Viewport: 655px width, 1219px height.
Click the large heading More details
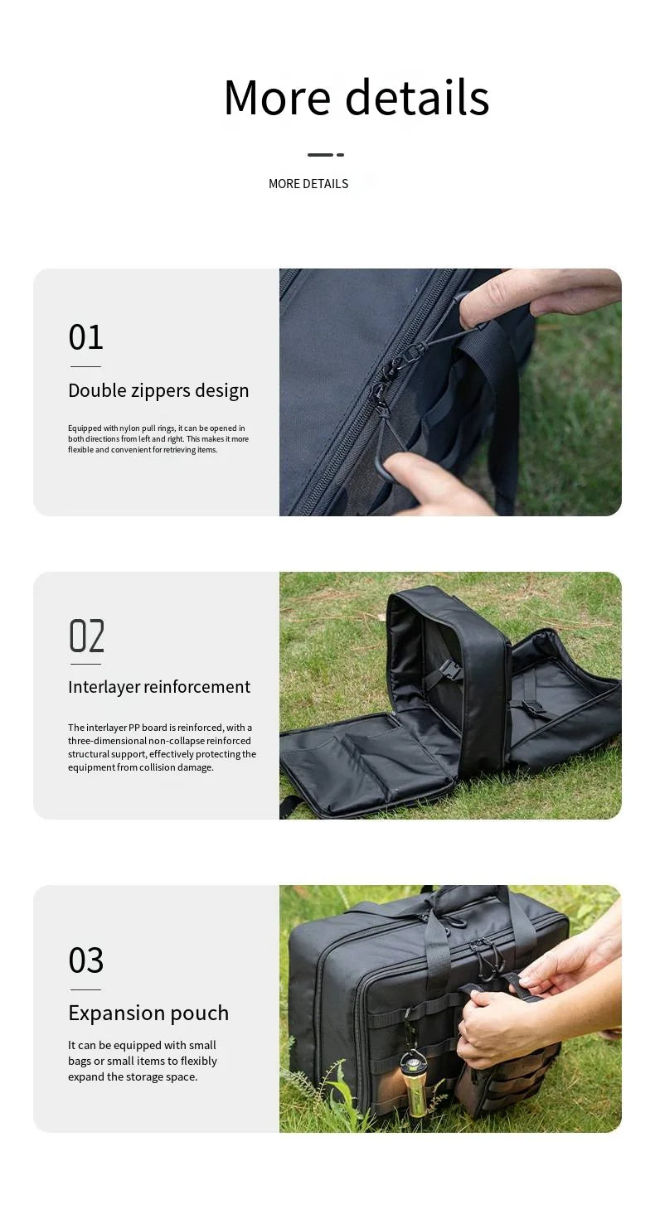coord(357,98)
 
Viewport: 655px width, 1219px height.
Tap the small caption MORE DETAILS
coord(308,184)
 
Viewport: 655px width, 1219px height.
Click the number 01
coord(86,337)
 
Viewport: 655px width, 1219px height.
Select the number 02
coord(86,636)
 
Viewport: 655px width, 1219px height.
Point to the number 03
coord(86,960)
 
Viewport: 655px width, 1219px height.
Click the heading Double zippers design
coord(158,390)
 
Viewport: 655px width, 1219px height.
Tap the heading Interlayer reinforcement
coord(159,687)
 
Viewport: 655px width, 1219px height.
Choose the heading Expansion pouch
coord(148,1013)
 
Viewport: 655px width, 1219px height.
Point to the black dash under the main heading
coord(325,154)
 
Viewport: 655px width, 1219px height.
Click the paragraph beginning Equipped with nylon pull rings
coord(158,439)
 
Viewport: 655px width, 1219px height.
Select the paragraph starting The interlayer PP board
coord(162,747)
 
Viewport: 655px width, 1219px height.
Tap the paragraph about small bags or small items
coord(143,1061)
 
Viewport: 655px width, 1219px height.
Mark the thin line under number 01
coord(85,366)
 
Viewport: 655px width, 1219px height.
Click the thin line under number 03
coord(85,989)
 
